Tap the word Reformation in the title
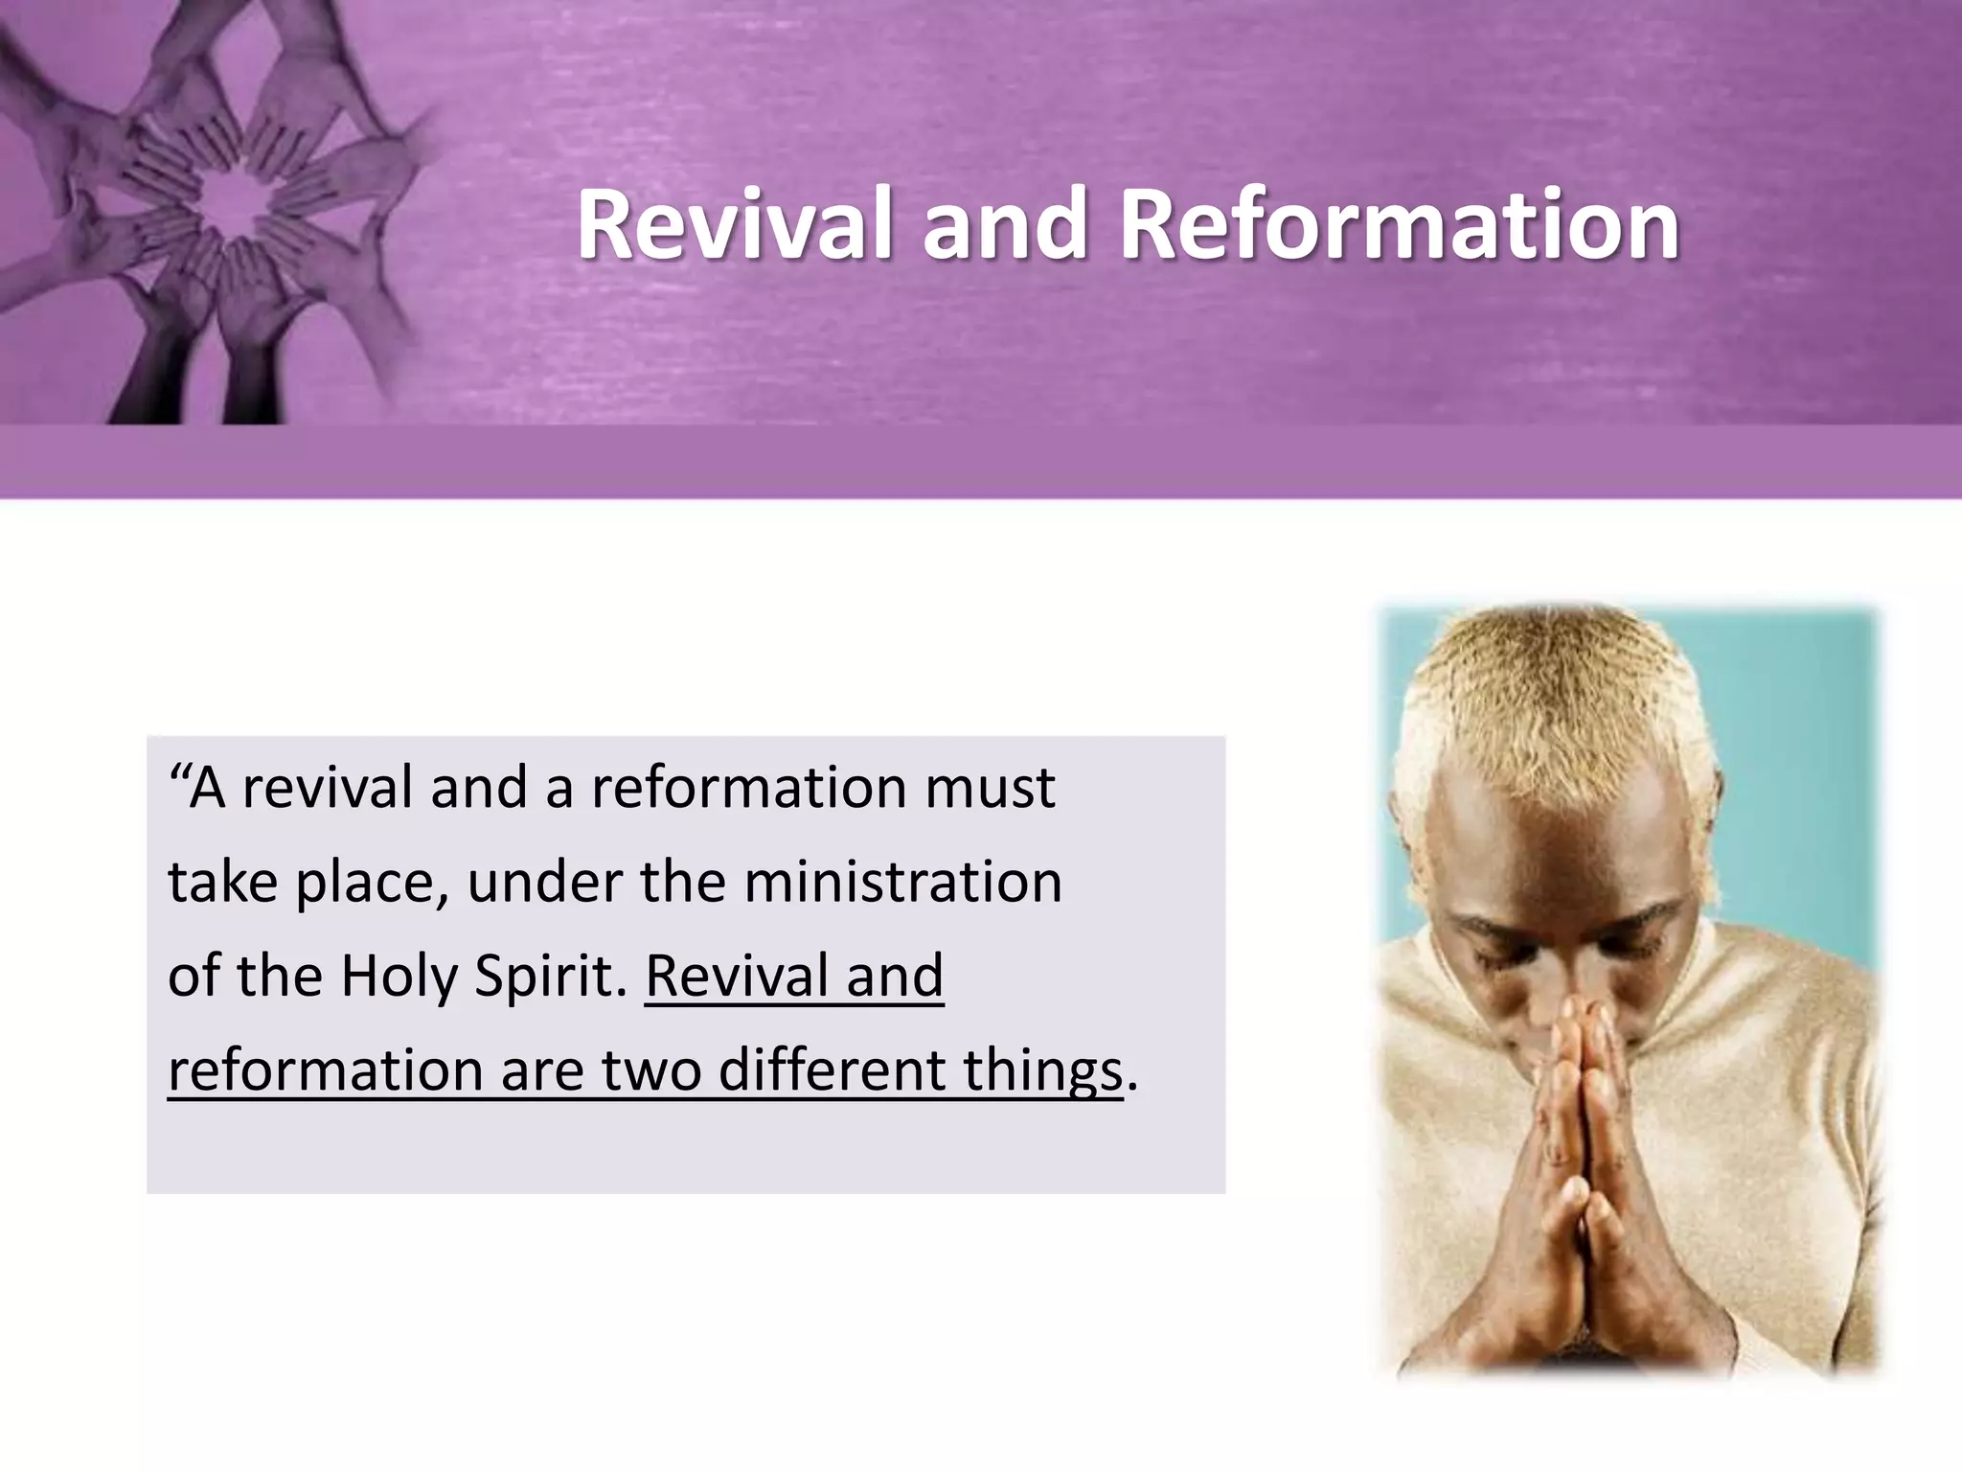pos(1399,224)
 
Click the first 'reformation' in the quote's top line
pos(747,788)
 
